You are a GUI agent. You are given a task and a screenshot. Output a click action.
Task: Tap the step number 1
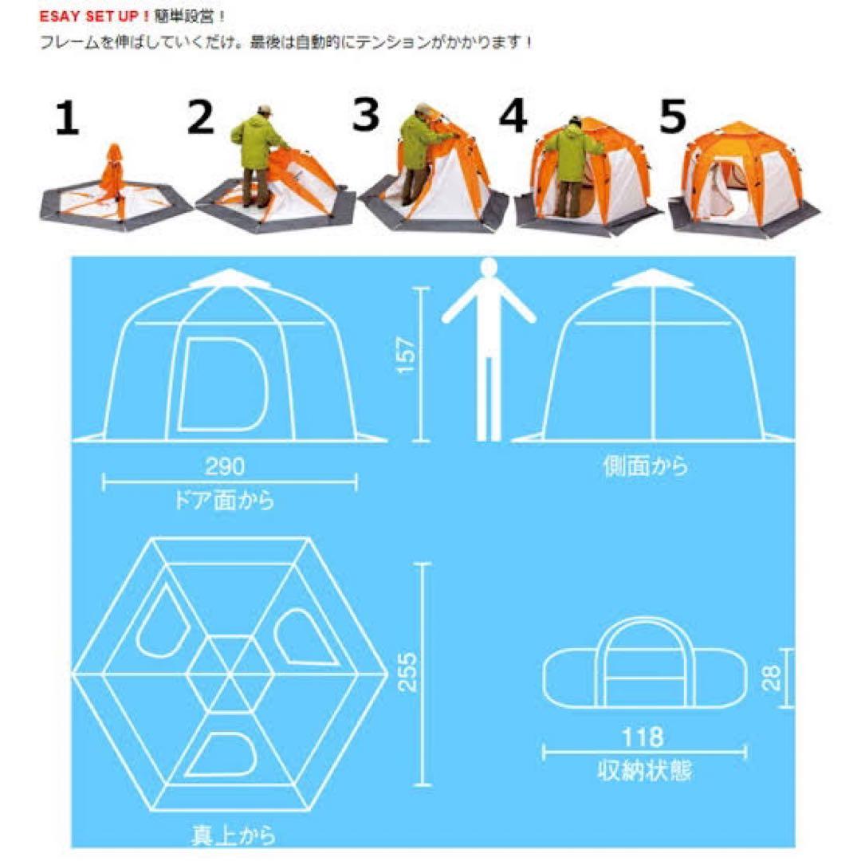(68, 120)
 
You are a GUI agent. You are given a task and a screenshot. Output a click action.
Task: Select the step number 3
(366, 116)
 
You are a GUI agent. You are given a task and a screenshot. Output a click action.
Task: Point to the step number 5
(672, 117)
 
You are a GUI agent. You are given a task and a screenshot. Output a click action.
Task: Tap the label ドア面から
(224, 501)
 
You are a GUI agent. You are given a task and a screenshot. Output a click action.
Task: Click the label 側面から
(645, 466)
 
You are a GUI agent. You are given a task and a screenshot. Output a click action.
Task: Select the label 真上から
(234, 835)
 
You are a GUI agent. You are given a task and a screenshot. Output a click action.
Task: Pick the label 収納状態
(644, 770)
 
